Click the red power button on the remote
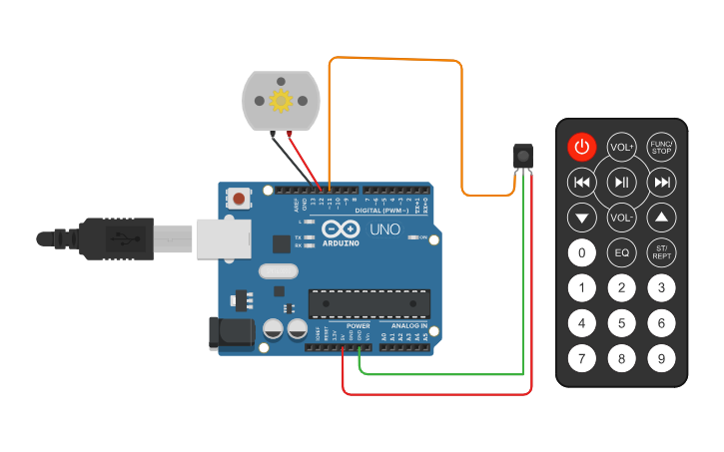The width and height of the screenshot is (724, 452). [582, 148]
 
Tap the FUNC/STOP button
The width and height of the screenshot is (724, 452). [661, 148]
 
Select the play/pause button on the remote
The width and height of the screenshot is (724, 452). [622, 182]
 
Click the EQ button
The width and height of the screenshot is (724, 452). [622, 252]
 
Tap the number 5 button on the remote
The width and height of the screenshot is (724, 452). [622, 322]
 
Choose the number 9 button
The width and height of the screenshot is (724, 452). [661, 357]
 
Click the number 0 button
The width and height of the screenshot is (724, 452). [582, 252]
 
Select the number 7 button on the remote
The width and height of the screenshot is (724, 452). [582, 357]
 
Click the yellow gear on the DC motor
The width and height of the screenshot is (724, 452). [281, 101]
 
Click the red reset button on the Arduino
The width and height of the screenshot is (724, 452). [240, 199]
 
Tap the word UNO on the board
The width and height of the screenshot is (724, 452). [385, 229]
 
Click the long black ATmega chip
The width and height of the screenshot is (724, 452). [369, 303]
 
